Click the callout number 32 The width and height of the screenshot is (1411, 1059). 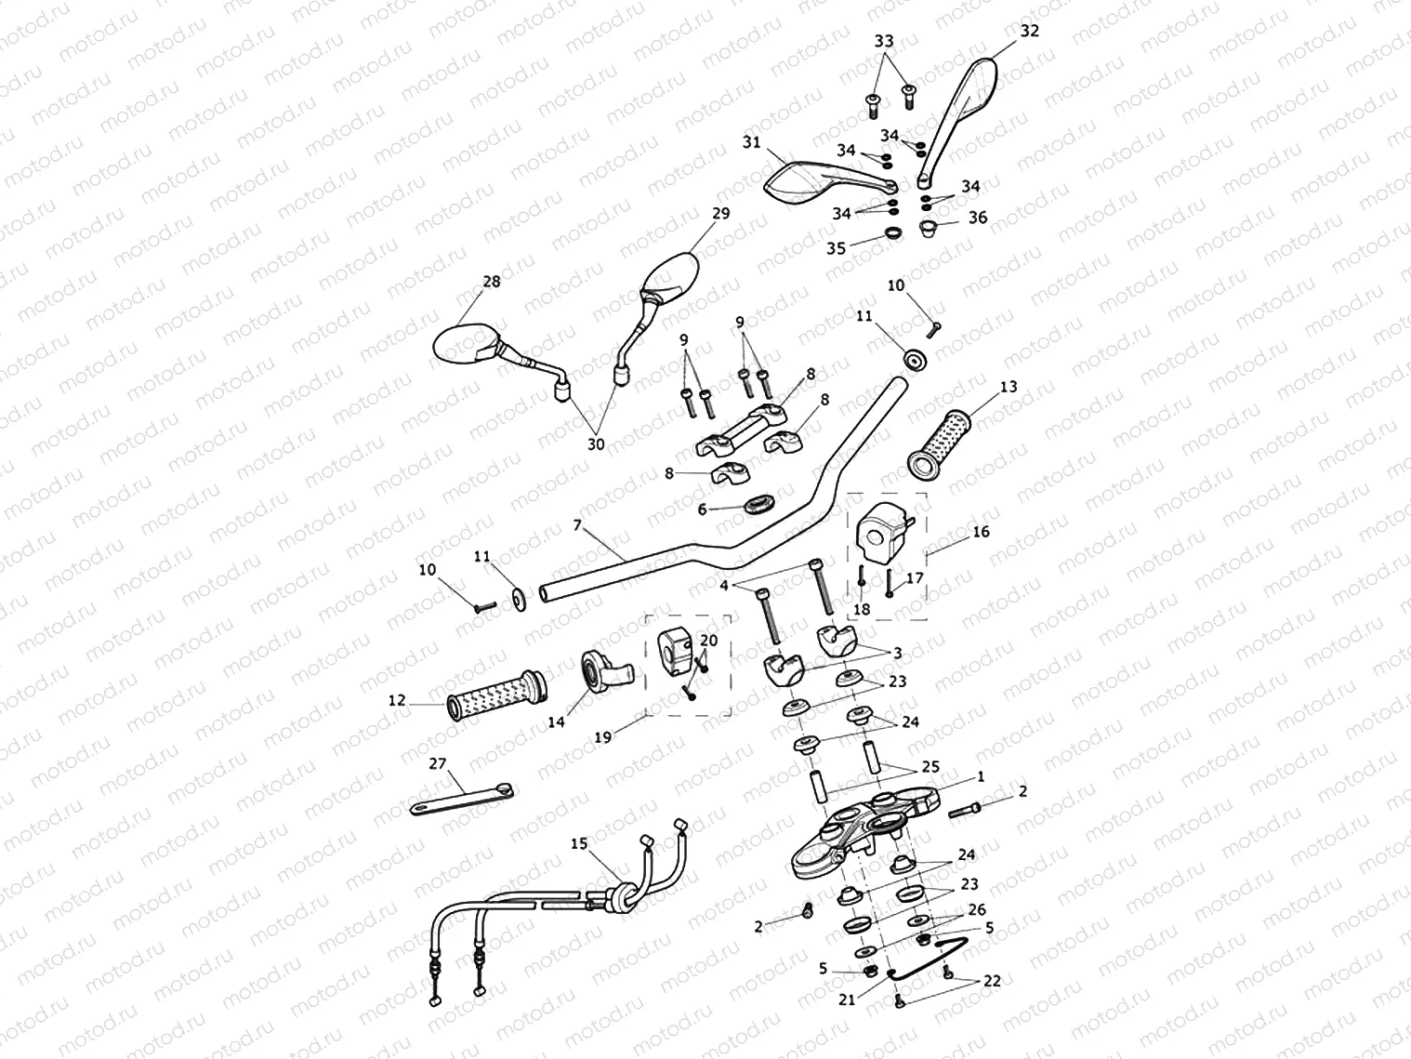1029,31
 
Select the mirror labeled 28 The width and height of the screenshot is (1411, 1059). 465,343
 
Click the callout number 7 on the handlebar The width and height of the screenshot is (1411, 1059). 576,526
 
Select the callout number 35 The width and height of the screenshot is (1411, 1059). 837,248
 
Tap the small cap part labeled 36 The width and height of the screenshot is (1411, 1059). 926,229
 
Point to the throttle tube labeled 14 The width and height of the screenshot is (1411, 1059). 600,668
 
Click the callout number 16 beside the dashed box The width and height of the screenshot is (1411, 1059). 981,532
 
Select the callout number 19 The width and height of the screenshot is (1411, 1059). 604,737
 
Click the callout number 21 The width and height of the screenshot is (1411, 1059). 847,999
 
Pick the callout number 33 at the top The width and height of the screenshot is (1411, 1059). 884,41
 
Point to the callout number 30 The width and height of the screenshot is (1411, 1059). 596,444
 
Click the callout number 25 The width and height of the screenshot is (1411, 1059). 930,767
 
